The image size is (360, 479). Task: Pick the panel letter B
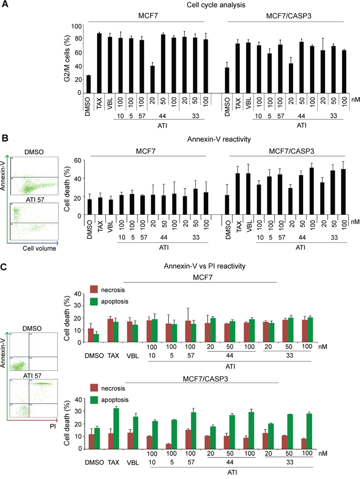click(5, 137)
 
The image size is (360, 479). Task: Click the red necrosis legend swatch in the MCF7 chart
click(93, 289)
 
